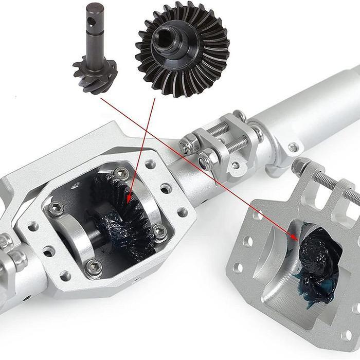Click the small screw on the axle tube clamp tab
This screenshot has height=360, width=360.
(x=293, y=148)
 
